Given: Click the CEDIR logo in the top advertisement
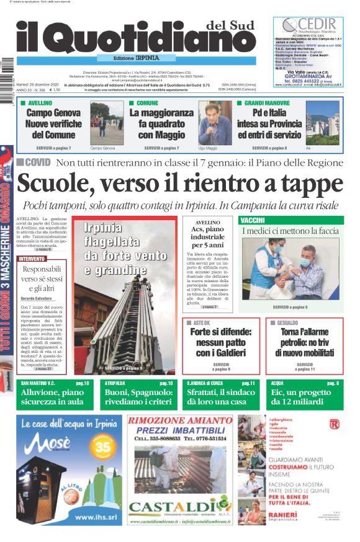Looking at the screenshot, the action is point(308,25).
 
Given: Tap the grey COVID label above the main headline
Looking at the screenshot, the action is point(34,162).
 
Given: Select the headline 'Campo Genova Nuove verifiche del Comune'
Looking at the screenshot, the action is point(53,123).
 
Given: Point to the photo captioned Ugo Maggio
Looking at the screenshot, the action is point(215,123).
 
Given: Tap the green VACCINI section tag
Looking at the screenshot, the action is point(253,220).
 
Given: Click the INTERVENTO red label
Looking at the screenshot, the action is point(32,258).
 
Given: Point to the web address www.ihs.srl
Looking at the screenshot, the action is point(92,516).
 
